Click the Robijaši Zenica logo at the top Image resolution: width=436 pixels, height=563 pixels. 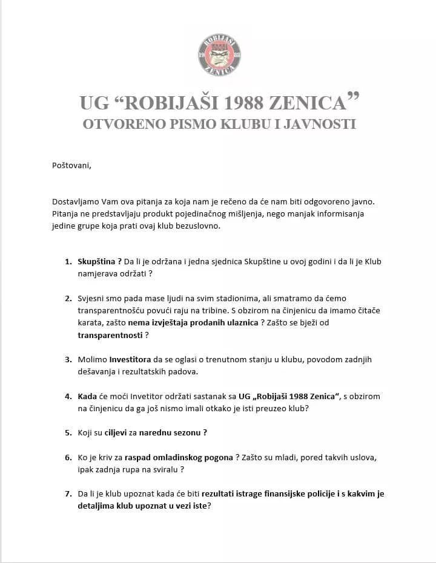click(x=220, y=56)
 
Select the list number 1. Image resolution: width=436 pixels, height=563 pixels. click(x=68, y=261)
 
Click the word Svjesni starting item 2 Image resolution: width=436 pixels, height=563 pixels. click(x=91, y=299)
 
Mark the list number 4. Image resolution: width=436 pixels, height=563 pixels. click(x=68, y=396)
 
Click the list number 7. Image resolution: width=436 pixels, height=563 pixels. click(x=68, y=493)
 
